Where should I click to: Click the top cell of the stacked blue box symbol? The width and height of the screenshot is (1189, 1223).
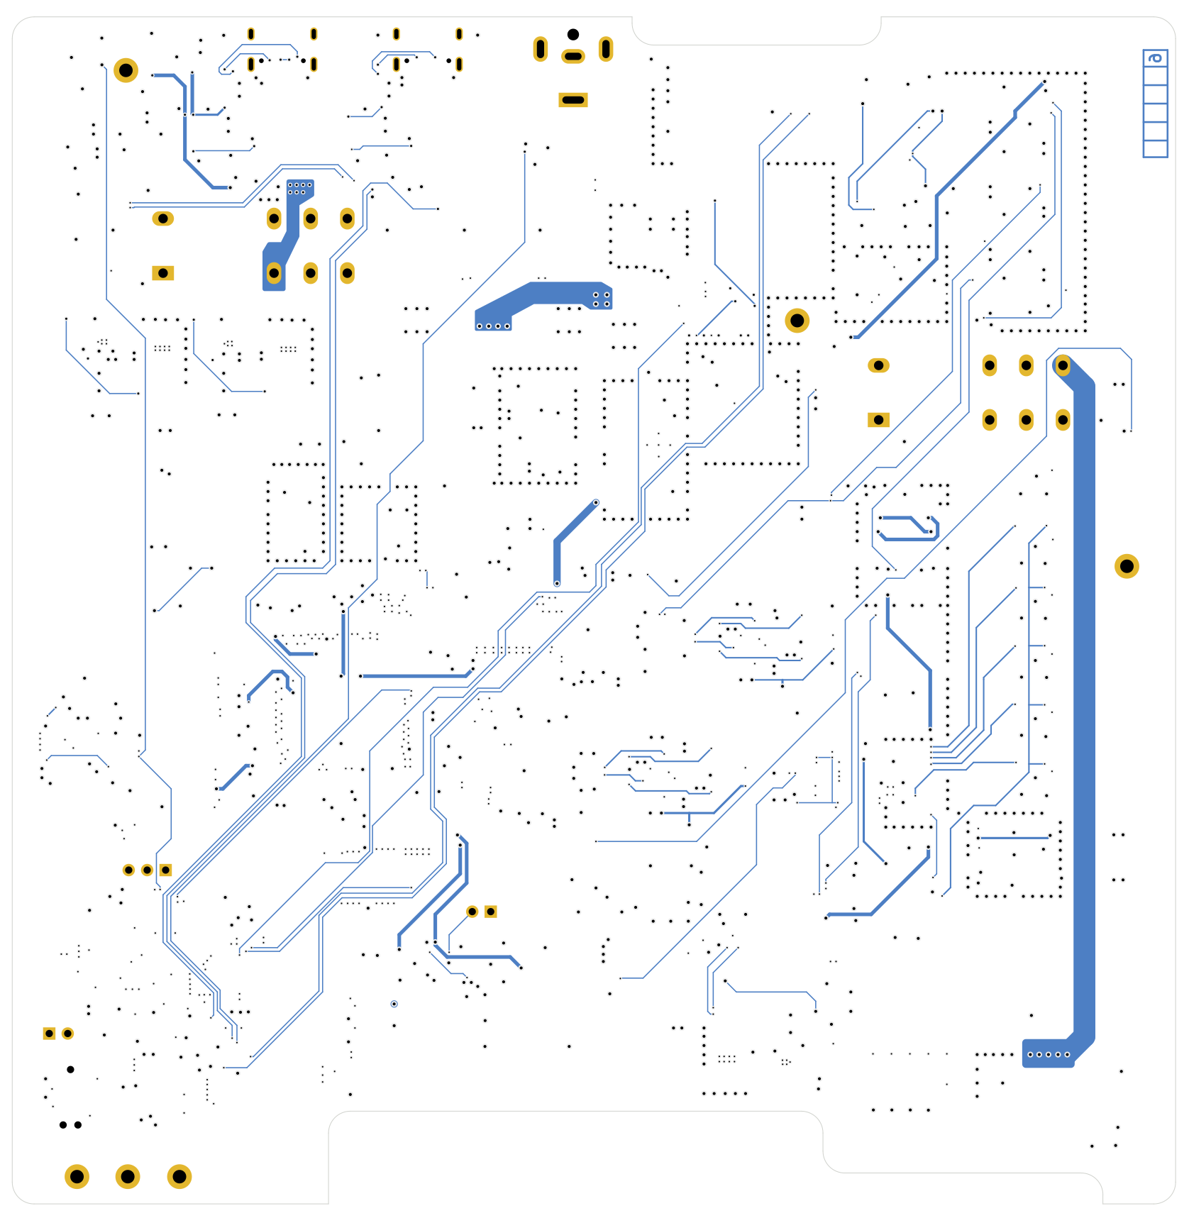pos(1155,58)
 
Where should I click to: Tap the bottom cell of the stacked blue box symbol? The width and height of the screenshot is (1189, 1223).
pos(1155,149)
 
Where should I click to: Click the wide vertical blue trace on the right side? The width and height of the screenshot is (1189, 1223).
pos(1084,709)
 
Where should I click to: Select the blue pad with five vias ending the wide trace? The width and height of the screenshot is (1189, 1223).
pos(1048,1054)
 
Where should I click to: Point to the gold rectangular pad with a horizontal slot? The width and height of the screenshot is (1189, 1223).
pos(573,100)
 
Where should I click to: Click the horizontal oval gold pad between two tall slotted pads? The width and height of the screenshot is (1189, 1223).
pos(573,56)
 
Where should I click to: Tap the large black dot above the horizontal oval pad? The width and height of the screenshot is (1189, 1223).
pos(573,34)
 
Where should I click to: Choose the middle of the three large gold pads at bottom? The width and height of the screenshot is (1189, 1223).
pos(128,1177)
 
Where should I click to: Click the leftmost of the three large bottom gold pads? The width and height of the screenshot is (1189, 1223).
pos(77,1177)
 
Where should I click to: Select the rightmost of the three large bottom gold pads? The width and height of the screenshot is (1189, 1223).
pos(179,1177)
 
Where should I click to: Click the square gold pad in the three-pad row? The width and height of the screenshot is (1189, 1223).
pos(165,870)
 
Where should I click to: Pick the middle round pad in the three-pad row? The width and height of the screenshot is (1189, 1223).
pos(147,870)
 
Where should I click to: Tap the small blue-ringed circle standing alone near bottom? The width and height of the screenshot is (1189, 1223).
pos(394,1004)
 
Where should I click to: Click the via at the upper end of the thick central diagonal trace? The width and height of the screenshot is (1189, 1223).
pos(596,502)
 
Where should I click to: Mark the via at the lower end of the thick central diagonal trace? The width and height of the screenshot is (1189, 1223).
pos(557,583)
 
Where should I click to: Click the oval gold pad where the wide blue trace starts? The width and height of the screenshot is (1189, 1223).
pos(1062,365)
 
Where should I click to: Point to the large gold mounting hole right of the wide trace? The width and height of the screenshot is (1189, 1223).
pos(1127,566)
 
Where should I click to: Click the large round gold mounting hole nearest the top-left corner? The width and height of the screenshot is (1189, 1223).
pos(126,70)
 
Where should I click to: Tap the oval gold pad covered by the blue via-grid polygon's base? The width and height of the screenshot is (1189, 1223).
pos(274,273)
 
